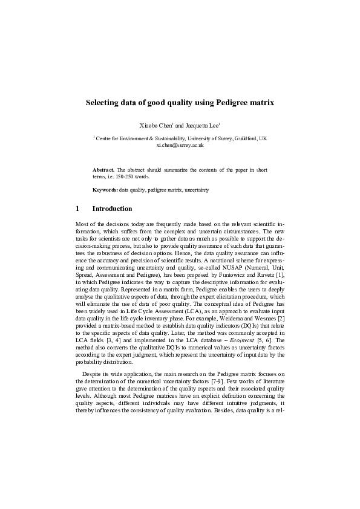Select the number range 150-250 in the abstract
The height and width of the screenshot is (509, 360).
126,177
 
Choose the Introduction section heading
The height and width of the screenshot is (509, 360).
112,209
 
